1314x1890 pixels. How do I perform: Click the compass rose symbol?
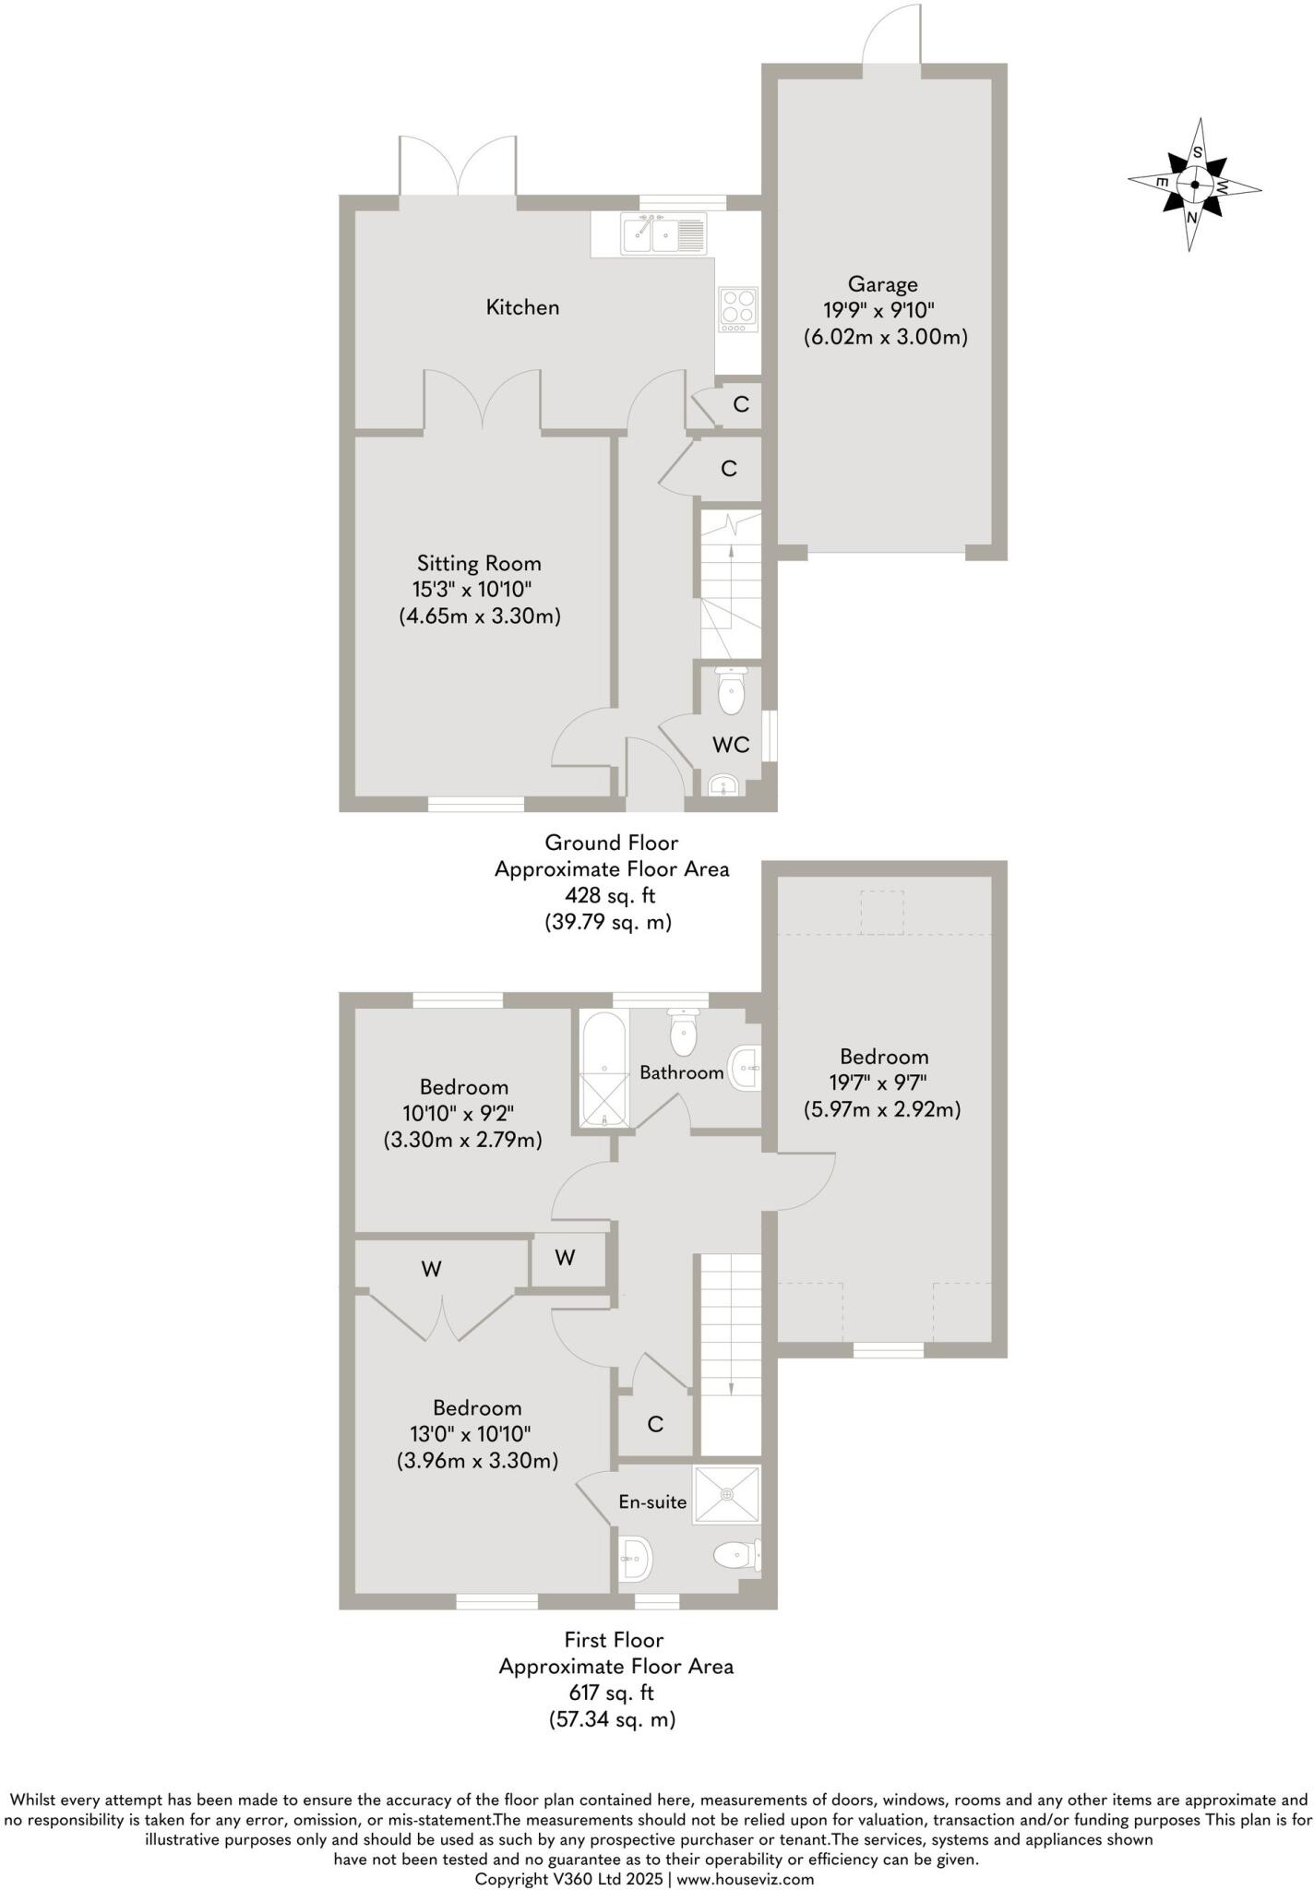(1195, 184)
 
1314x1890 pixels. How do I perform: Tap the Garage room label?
(883, 284)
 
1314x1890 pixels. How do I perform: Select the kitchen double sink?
(664, 233)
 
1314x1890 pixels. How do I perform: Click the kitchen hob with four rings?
(738, 310)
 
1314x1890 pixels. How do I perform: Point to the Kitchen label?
(522, 307)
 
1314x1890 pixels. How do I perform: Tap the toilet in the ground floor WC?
(731, 693)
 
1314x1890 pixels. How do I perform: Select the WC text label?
(730, 745)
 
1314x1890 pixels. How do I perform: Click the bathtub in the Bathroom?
(603, 1070)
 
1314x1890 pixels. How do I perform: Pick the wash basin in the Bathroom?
(747, 1069)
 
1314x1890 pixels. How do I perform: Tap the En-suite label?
(652, 1502)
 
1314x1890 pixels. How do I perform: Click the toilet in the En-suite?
(736, 1558)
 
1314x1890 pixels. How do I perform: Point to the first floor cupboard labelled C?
(655, 1424)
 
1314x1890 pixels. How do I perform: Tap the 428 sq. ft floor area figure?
(610, 895)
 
